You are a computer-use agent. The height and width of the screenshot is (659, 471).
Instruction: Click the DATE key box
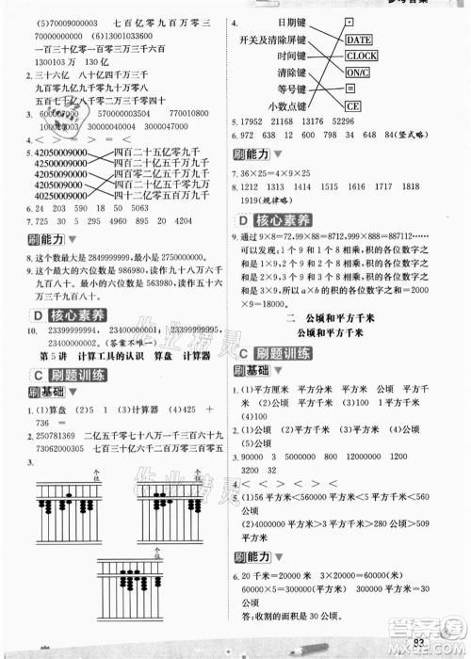[x=359, y=40]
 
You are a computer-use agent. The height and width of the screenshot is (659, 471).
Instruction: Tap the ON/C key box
[x=358, y=72]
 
